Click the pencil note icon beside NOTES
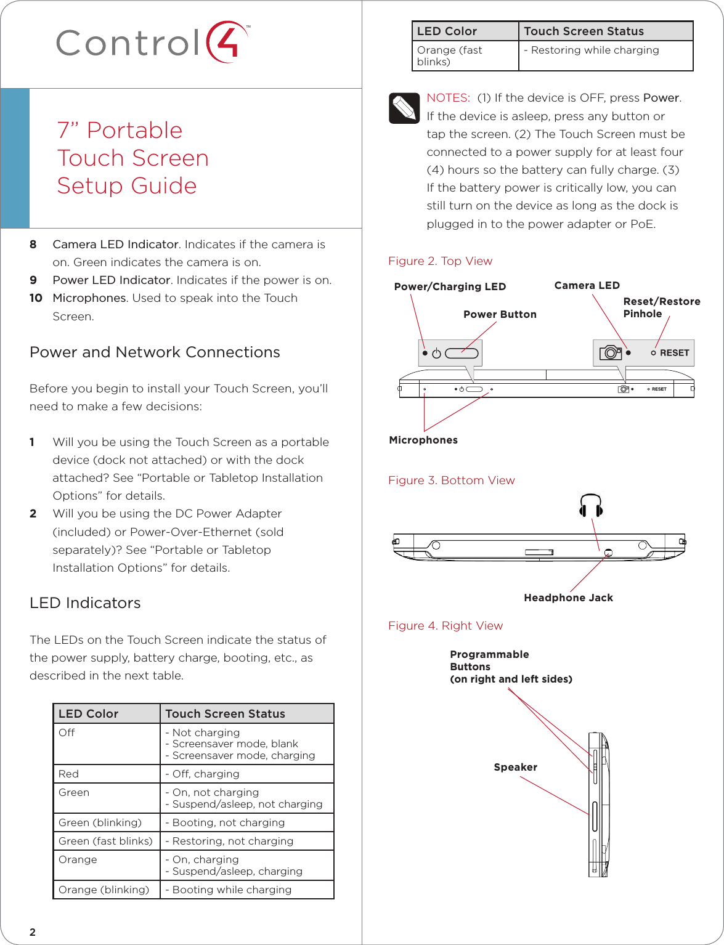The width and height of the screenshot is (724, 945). click(x=404, y=108)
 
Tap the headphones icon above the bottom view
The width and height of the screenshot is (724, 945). click(x=590, y=506)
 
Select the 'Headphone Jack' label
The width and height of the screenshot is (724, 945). click(x=568, y=598)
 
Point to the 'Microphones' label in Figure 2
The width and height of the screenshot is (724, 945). click(x=423, y=440)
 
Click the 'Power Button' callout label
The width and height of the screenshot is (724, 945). click(x=500, y=314)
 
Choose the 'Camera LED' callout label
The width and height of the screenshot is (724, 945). click(x=587, y=285)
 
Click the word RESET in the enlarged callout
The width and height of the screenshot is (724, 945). click(x=674, y=353)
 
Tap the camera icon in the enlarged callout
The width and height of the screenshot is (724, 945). click(x=611, y=352)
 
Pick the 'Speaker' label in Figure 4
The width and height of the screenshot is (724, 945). click(x=515, y=767)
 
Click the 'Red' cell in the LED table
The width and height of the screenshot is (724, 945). click(x=68, y=774)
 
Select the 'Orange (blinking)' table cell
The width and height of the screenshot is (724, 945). click(x=104, y=890)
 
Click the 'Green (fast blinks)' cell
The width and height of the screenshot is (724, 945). click(x=105, y=841)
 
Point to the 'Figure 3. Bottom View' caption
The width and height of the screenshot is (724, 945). click(x=451, y=481)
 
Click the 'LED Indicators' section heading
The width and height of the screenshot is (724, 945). click(x=85, y=603)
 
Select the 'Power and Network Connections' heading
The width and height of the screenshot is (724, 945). click(x=155, y=352)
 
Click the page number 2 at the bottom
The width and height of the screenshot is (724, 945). click(x=33, y=932)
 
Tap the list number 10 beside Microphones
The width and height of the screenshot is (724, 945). click(x=36, y=298)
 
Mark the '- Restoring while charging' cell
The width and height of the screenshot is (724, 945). click(x=591, y=51)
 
